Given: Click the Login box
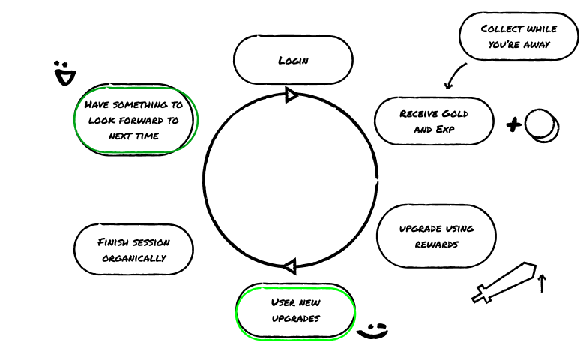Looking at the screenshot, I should tap(293, 60).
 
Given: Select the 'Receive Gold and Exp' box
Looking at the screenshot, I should tap(434, 121).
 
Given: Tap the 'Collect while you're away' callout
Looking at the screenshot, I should tap(519, 36).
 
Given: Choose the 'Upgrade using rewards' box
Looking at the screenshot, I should tap(436, 235).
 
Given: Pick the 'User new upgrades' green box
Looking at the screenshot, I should tap(295, 310).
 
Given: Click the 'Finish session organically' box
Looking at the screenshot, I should tap(133, 250).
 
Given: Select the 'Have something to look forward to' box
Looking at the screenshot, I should tap(135, 120).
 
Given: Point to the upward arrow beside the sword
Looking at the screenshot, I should tap(543, 282).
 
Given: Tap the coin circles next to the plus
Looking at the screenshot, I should tap(542, 125).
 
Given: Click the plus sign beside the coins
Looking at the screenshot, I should tap(513, 125).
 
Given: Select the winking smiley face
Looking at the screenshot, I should tap(373, 330).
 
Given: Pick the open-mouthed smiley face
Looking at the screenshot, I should tap(66, 73).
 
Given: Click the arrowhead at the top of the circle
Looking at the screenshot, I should tap(292, 94).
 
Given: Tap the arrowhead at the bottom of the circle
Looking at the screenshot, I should tap(290, 265).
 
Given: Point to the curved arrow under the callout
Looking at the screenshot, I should tap(454, 76).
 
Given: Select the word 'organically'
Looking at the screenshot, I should tap(133, 258).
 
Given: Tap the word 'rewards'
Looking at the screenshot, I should tap(436, 244).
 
